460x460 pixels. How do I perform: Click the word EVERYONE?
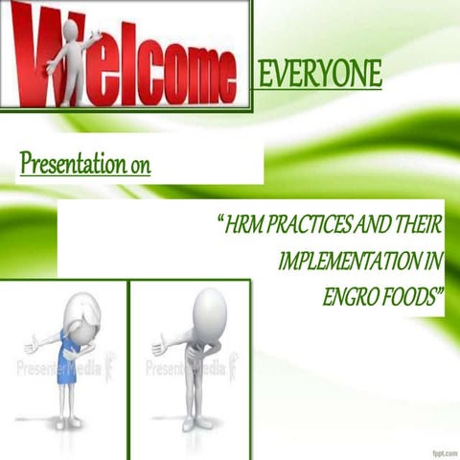point(320,73)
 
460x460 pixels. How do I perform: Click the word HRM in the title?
point(244,228)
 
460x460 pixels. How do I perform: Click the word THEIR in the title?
point(417,228)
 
